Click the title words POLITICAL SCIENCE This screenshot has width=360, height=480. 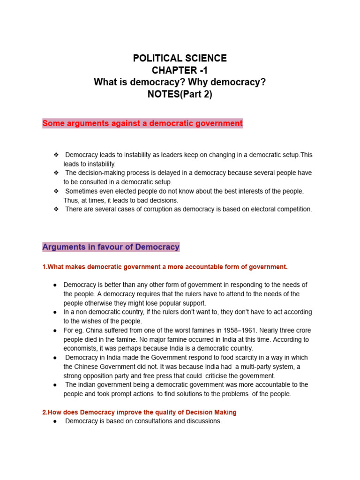(x=180, y=59)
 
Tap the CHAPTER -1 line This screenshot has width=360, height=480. (x=180, y=70)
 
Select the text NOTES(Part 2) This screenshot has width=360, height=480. (x=180, y=94)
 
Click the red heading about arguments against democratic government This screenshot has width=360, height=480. (x=142, y=124)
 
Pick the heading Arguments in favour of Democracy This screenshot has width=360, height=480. (x=111, y=247)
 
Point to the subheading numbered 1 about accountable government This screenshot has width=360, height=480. (x=165, y=267)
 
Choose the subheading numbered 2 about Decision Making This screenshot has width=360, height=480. (x=139, y=412)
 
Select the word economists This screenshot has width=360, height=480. (x=81, y=348)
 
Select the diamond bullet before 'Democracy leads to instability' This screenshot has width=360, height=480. (x=56, y=155)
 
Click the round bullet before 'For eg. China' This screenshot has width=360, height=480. (x=55, y=330)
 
